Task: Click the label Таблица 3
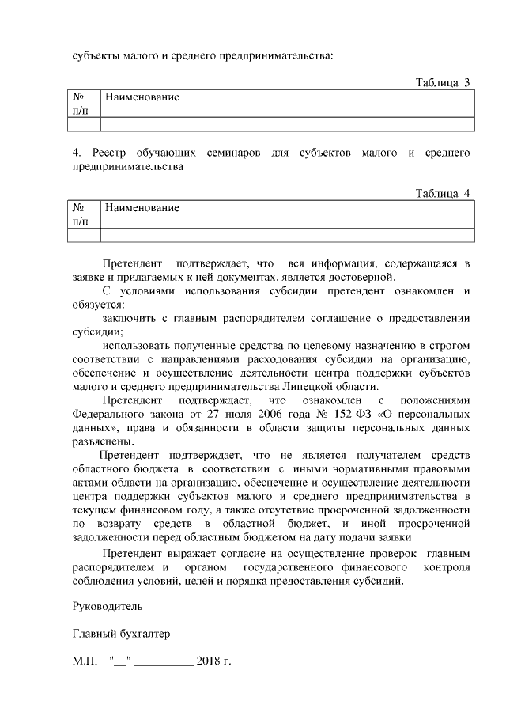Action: pyautogui.click(x=443, y=82)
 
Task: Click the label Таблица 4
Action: pyautogui.click(x=443, y=193)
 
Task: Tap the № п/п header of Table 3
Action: pyautogui.click(x=80, y=104)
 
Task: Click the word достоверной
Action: pyautogui.click(x=360, y=277)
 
